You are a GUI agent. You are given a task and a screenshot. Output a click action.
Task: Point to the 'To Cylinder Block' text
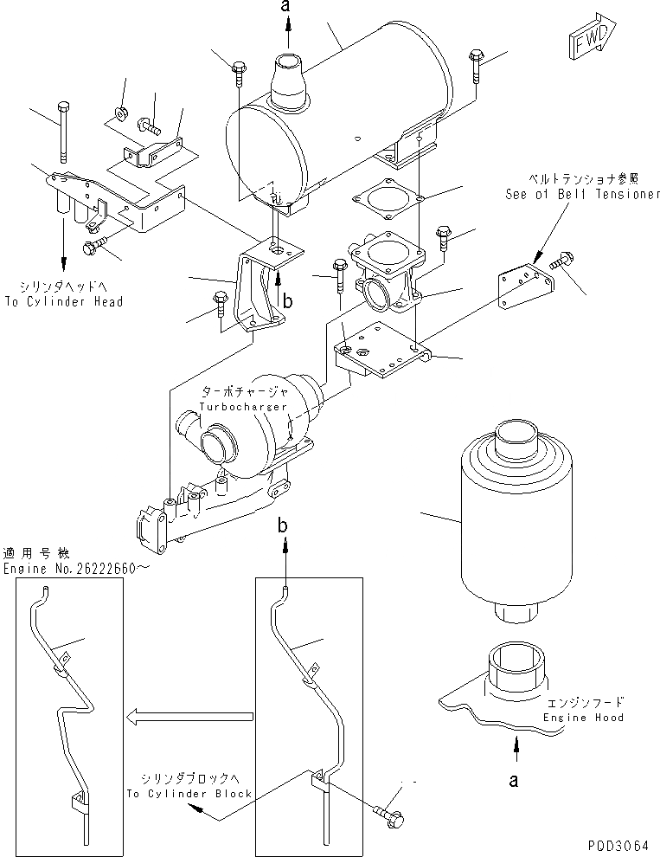[189, 793]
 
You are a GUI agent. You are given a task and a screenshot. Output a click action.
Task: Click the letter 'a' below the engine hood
[516, 780]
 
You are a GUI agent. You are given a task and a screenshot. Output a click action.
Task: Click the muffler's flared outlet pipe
[287, 81]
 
